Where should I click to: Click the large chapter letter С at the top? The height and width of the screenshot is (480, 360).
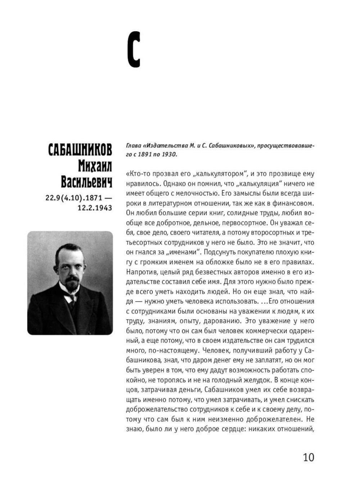tap(134, 50)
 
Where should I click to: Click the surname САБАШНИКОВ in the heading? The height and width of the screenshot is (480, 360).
tap(80, 150)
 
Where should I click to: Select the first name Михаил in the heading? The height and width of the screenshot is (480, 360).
tap(95, 166)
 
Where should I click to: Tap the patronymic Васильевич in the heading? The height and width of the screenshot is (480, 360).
tap(86, 182)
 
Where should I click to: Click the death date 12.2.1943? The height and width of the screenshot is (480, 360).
tap(95, 208)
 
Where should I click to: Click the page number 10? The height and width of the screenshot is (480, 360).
tap(309, 457)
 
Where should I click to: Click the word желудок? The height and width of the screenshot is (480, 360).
tap(256, 380)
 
